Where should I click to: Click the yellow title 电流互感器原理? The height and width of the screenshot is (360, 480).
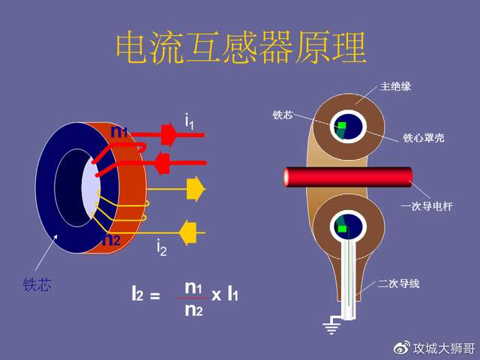tap(241, 47)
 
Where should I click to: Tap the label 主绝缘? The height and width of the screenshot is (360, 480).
tap(395, 86)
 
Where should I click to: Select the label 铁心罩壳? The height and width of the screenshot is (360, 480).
tap(423, 138)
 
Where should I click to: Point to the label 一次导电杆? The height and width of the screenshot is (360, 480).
tap(427, 206)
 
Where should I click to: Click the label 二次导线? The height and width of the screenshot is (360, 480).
tap(398, 283)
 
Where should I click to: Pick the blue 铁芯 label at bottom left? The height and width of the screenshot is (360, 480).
tap(37, 285)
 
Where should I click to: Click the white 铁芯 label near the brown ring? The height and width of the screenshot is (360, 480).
tap(283, 115)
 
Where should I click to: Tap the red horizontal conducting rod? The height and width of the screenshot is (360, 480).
tap(348, 177)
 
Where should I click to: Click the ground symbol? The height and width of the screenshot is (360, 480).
tap(331, 326)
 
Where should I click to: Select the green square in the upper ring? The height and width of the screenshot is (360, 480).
tap(342, 125)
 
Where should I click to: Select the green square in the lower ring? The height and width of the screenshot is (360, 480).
tap(342, 229)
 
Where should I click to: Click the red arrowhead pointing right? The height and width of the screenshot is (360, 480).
tap(168, 134)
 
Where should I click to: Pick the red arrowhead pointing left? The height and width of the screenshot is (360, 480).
tap(163, 163)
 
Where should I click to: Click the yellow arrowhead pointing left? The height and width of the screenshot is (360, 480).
tap(187, 233)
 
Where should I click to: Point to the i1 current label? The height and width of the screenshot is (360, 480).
tap(189, 121)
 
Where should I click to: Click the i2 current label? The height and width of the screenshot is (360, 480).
tap(161, 247)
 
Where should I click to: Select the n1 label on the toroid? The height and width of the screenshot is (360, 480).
tap(119, 131)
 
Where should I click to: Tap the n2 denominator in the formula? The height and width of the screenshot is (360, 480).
tap(193, 310)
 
